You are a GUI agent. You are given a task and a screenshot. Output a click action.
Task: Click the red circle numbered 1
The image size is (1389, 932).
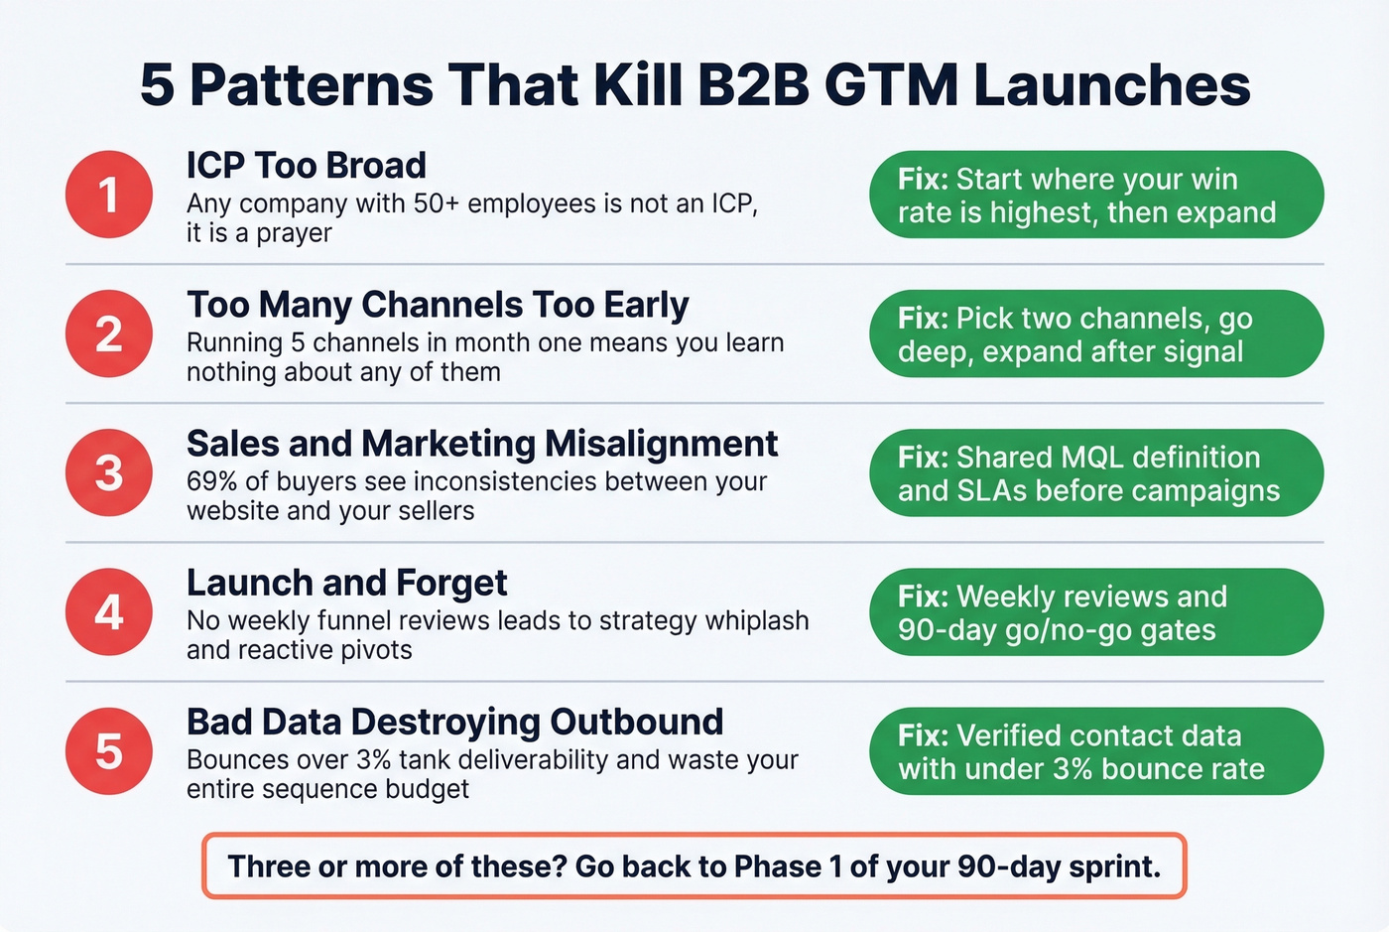109,195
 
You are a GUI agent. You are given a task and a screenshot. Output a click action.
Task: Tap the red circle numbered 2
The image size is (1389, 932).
109,333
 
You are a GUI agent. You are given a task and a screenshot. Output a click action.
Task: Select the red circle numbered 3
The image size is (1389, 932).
109,472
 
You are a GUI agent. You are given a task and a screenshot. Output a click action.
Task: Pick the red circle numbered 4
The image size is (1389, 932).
109,611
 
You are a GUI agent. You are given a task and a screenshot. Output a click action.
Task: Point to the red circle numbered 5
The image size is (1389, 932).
109,750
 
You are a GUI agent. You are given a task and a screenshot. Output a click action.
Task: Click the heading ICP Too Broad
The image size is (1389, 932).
306,166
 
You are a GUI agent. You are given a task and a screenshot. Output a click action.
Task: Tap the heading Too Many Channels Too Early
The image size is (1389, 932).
438,305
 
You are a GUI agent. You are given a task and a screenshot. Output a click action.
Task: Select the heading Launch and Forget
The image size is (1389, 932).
346,583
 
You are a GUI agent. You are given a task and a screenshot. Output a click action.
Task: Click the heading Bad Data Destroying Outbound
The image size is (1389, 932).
454,722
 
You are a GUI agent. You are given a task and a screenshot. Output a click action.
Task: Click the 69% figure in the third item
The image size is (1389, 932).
211,481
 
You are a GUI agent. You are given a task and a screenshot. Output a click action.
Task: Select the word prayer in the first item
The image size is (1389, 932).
294,233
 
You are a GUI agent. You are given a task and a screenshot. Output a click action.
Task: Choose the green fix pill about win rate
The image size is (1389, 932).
1096,195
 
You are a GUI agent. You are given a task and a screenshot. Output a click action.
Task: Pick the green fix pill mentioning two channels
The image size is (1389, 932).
1096,333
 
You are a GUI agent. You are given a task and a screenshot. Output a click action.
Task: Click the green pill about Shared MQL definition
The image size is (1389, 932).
1096,472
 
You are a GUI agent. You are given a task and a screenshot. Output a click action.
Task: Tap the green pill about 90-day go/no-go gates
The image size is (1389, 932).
1096,611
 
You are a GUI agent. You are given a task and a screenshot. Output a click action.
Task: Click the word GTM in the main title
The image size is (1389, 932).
891,85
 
